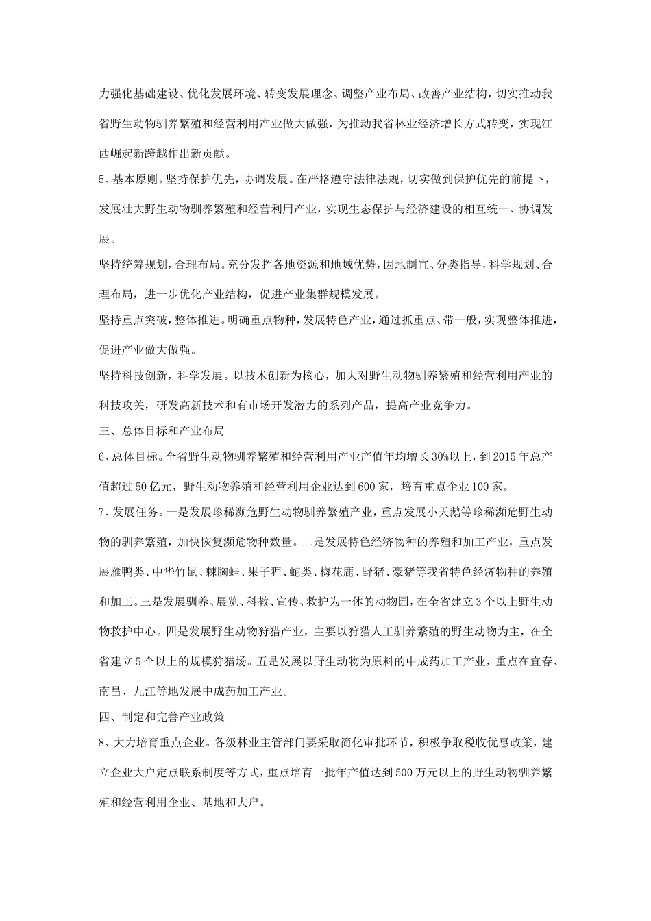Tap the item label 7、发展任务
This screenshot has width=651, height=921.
pos(128,513)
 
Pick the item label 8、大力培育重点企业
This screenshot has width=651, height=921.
pos(152,745)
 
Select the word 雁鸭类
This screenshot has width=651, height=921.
pos(122,570)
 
